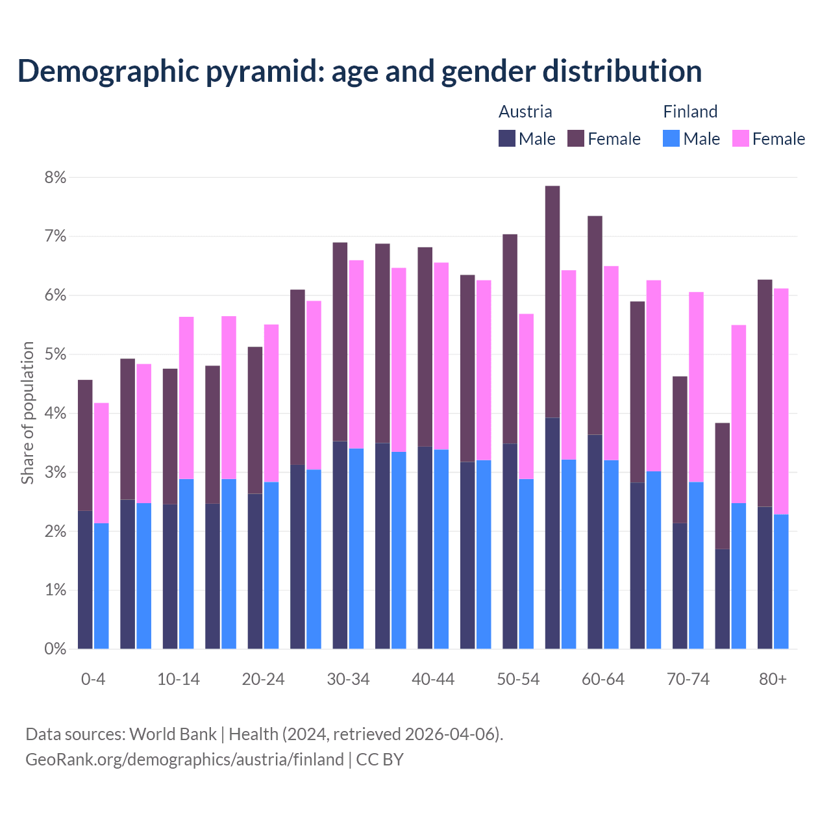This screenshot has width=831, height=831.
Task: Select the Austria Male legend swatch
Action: (507, 138)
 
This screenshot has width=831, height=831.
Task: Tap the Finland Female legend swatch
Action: (740, 138)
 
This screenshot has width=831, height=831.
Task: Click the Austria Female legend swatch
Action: (576, 138)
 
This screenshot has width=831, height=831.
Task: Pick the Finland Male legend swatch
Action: (671, 138)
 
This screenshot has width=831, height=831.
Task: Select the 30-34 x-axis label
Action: (348, 679)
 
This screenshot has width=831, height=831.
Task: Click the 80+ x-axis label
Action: (773, 679)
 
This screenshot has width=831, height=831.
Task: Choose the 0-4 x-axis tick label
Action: (93, 679)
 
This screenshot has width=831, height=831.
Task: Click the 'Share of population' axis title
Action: (28, 413)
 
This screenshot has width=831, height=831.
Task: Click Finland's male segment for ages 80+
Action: (781, 581)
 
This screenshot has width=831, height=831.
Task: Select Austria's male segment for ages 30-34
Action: (340, 545)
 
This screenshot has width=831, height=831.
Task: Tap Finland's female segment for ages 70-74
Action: (696, 386)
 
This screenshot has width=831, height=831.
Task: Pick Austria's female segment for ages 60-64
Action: (595, 325)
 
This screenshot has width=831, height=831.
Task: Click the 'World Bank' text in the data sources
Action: (173, 734)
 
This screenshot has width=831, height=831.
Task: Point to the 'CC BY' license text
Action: (380, 760)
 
